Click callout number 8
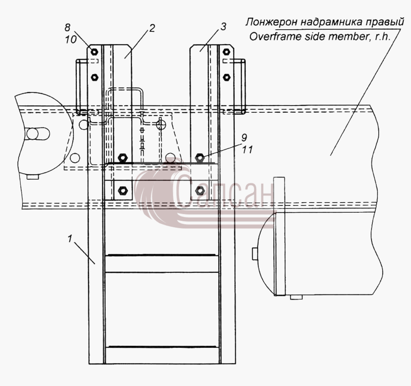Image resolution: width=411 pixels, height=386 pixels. point(68,28)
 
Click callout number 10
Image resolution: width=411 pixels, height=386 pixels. point(70,39)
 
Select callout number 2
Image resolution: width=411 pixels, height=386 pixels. point(152,28)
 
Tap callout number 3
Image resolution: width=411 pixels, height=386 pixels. point(223,26)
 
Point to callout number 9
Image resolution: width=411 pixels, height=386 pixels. point(244,138)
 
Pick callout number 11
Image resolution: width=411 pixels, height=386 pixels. point(247,150)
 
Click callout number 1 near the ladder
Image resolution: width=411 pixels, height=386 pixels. point(70,239)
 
